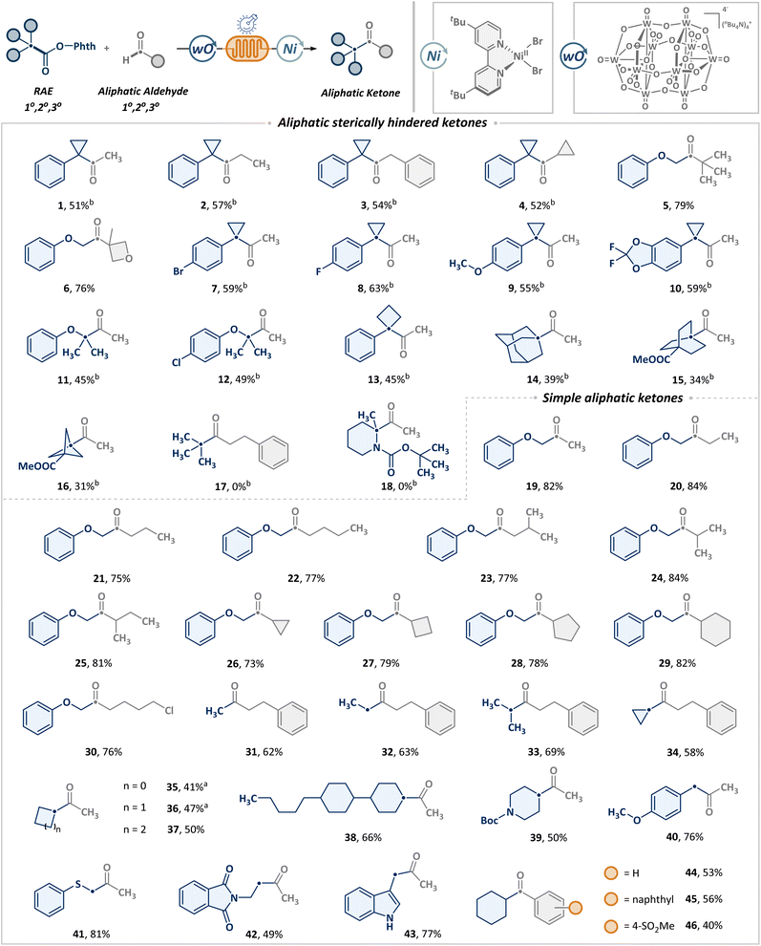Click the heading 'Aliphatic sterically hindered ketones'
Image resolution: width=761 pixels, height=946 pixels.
point(382,122)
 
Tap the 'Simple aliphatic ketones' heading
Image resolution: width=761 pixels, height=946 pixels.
point(613,398)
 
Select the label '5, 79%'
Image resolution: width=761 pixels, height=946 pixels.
point(678,205)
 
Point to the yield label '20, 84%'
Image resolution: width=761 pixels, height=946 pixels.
point(688,485)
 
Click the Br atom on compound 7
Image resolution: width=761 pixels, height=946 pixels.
point(179,271)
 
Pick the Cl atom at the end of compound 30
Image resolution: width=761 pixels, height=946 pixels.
point(169,710)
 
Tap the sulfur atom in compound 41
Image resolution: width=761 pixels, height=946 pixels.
point(77,885)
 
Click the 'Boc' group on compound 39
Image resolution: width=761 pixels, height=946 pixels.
point(489,821)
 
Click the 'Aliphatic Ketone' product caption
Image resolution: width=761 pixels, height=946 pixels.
point(361,93)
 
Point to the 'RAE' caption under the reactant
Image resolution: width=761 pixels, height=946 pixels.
point(43,91)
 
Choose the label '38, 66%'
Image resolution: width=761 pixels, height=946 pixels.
point(363,837)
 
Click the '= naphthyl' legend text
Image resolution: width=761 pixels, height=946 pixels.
point(648,899)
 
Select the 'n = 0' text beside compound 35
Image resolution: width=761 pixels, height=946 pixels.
point(135,786)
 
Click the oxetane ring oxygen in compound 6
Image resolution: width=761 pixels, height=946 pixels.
point(129,258)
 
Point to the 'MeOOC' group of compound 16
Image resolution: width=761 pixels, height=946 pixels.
point(37,465)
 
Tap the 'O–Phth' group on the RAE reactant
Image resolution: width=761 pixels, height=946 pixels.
point(75,46)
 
